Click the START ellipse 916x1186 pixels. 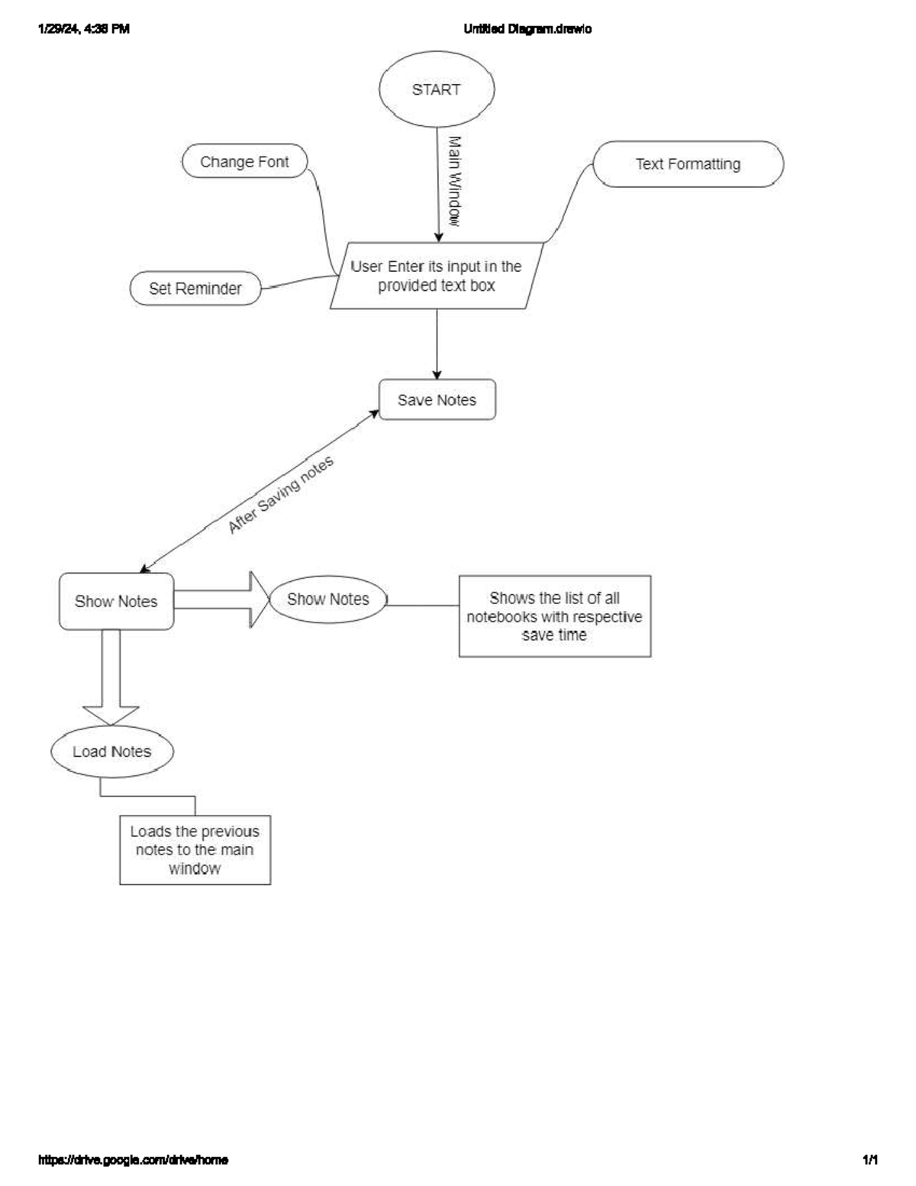437,89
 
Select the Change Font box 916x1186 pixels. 245,162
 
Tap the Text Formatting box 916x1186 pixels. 688,164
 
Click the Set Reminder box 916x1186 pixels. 195,289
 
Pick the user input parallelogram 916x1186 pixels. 437,276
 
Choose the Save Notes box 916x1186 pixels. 437,400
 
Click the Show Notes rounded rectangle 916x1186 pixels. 116,602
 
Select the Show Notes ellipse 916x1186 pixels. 328,599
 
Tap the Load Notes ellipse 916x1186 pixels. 112,751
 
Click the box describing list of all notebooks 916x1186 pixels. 555,616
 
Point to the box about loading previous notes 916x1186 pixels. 195,850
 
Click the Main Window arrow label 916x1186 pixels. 454,182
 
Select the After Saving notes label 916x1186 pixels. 281,496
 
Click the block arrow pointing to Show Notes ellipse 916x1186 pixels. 221,599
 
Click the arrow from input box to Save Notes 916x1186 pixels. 437,344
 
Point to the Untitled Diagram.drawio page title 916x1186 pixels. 527,29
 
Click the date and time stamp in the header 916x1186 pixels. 84,29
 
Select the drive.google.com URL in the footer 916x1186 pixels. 133,1160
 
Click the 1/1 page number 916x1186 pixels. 869,1160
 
